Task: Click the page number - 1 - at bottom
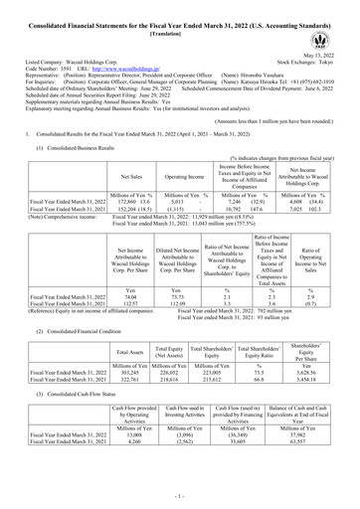(x=179, y=494)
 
